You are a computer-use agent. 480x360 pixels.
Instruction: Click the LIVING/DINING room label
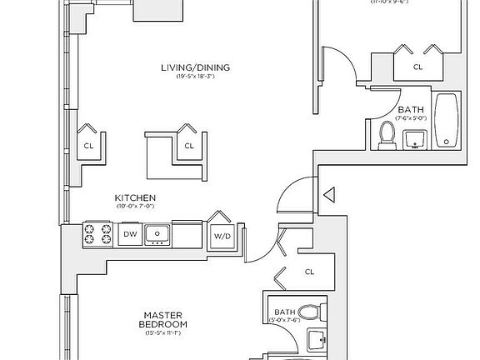tap(196, 67)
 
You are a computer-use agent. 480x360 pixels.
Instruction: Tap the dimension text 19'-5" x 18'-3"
tap(196, 77)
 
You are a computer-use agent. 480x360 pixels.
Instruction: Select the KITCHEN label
tap(135, 197)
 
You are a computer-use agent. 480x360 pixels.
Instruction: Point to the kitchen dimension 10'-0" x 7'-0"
tap(135, 206)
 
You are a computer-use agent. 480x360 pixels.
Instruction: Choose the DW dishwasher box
tap(130, 235)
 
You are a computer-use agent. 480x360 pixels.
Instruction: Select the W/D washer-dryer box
tap(221, 236)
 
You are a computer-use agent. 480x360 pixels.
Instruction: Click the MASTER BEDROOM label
tap(164, 319)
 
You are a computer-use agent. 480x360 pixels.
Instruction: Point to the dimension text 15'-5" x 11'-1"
tap(164, 332)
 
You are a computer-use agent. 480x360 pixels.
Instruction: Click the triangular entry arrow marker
tap(328, 197)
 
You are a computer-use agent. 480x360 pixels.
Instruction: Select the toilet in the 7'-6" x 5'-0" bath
tap(387, 136)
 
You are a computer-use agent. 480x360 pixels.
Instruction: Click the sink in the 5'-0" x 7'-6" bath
tap(316, 340)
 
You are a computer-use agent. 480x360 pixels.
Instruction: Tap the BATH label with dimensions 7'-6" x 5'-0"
tap(410, 109)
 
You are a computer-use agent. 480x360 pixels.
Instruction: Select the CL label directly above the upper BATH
tap(417, 67)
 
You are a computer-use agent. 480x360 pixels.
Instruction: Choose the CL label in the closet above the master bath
tap(309, 272)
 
